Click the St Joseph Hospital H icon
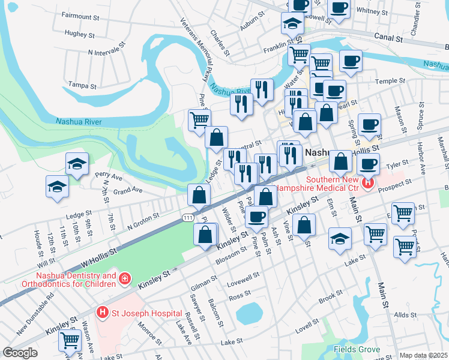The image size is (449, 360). (x=103, y=313)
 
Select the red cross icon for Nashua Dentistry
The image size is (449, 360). (x=124, y=278)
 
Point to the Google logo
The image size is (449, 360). (x=20, y=353)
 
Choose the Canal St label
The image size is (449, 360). (x=391, y=38)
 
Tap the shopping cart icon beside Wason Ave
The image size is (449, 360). (x=70, y=340)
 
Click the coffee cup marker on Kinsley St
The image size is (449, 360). (x=256, y=217)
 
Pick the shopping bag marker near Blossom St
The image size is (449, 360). (x=205, y=235)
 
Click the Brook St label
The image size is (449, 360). (x=331, y=298)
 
